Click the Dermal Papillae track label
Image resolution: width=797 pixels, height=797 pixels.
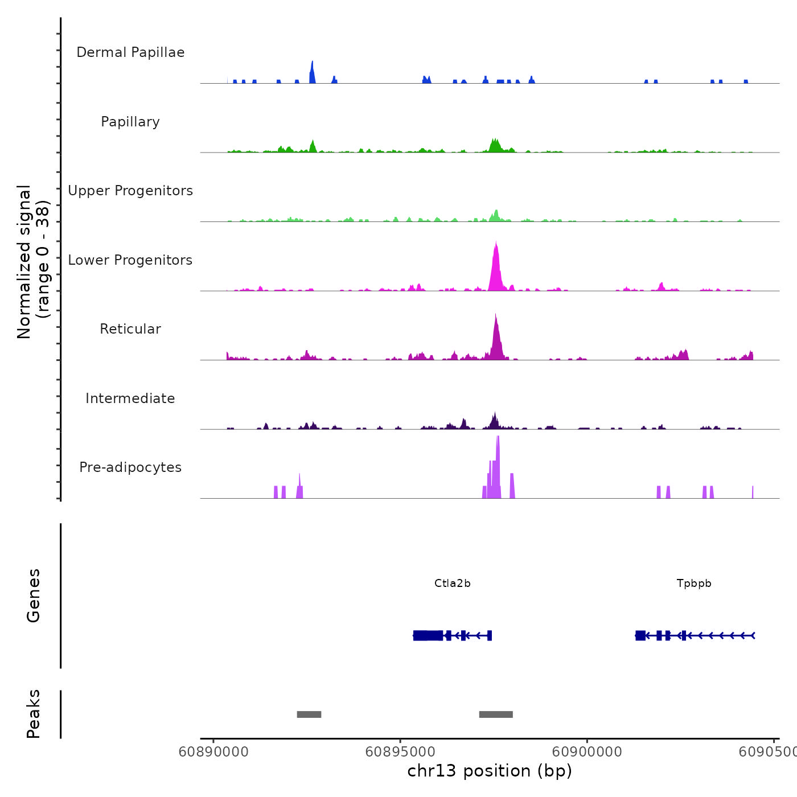pos(130,52)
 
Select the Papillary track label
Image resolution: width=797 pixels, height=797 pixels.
pos(130,122)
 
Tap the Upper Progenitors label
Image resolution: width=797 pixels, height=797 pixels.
pos(130,191)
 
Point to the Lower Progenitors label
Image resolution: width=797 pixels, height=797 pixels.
pos(130,260)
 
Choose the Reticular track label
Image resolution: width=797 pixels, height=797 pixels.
pos(130,329)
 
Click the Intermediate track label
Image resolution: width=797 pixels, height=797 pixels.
pos(130,398)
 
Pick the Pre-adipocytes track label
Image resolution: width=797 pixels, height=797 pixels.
pos(130,467)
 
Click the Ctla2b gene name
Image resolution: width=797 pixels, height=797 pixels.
pos(453,584)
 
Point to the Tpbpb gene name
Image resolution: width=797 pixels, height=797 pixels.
pos(694,584)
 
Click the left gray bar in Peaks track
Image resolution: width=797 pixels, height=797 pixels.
pos(309,714)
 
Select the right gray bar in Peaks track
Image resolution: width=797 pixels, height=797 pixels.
pos(496,714)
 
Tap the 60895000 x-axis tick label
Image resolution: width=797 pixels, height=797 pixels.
pos(400,752)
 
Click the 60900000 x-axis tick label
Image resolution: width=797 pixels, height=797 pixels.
pos(587,752)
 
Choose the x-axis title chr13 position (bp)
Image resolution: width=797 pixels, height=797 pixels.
pos(490,771)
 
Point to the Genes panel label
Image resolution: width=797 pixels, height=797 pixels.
pos(34,595)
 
